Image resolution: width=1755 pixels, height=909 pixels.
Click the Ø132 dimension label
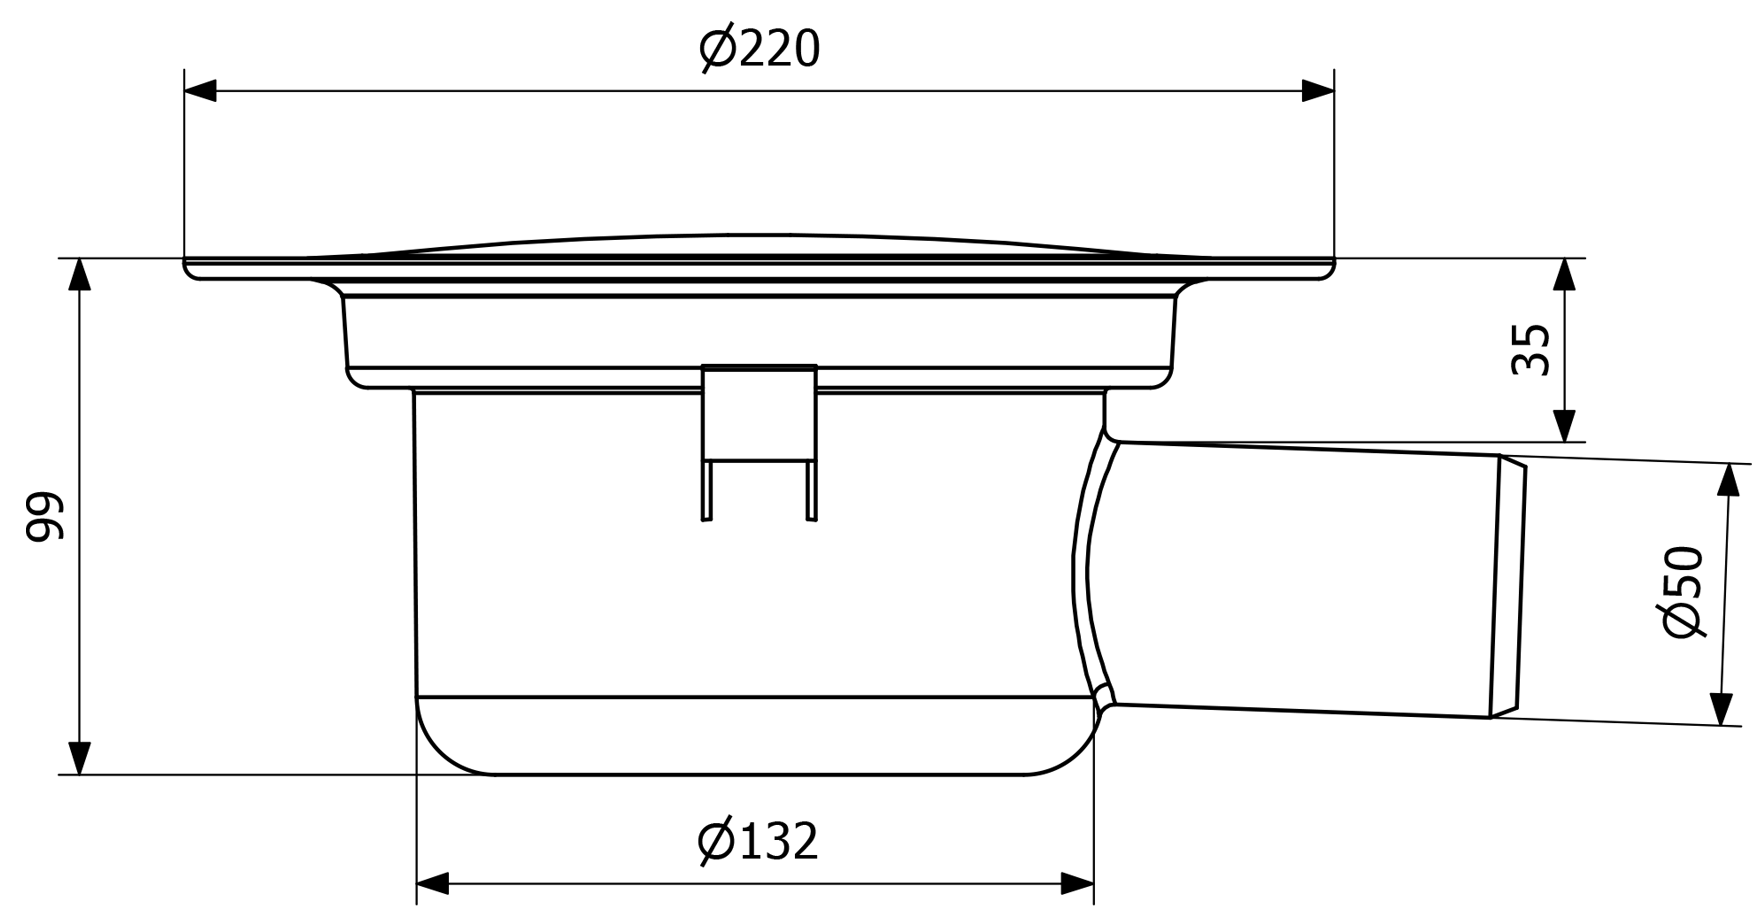pyautogui.click(x=758, y=841)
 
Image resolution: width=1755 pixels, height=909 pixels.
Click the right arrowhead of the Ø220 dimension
pyautogui.click(x=1318, y=91)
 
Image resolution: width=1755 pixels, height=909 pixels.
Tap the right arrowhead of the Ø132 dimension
pyautogui.click(x=1078, y=883)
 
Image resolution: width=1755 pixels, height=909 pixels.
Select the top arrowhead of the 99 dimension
pyautogui.click(x=80, y=275)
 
